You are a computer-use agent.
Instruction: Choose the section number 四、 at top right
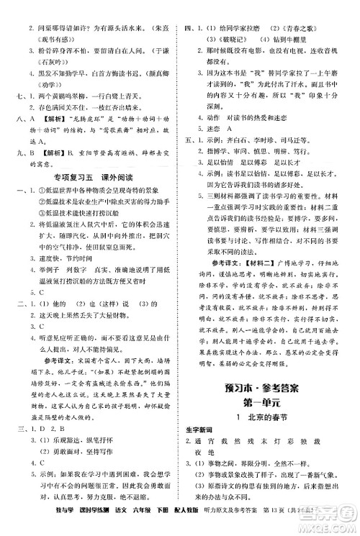pos(192,9)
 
